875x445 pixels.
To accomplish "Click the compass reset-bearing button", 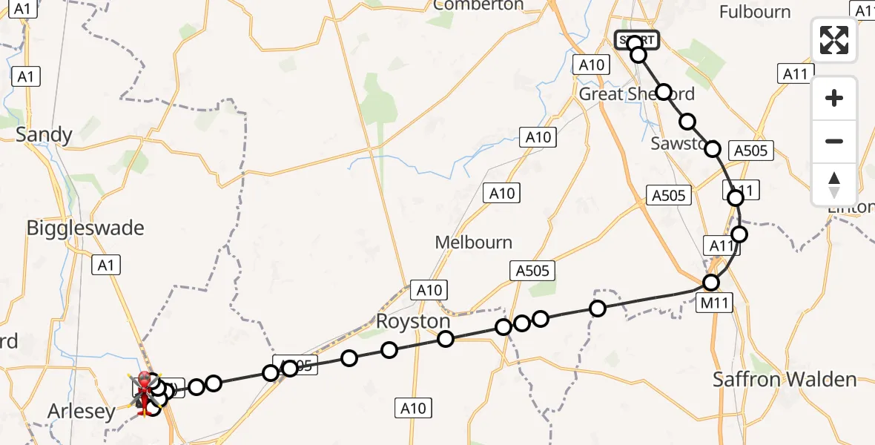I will pos(834,185).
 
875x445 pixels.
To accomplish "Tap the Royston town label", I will pos(413,321).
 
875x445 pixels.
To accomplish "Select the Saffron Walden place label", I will pos(785,379).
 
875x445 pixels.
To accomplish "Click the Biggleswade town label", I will pos(85,228).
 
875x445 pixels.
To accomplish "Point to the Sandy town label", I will pos(44,135).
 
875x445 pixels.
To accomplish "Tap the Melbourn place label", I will pos(474,243).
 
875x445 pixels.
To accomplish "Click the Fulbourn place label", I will pos(756,12).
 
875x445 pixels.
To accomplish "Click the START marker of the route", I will pos(636,39).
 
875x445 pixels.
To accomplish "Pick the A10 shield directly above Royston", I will pos(429,290).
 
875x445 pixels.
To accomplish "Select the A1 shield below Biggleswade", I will pos(107,266).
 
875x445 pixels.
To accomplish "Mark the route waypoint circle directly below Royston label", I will pos(445,339).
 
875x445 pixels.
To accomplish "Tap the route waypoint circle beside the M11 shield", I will pos(711,282).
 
